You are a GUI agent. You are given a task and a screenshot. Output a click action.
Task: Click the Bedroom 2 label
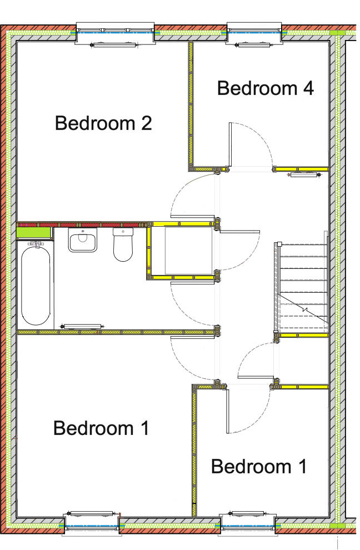coord(103,123)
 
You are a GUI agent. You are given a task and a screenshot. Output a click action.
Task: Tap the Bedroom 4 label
coord(265,88)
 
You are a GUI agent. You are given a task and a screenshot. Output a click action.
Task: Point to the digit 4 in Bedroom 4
coord(308,88)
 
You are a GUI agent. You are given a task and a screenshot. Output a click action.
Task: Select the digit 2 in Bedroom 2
coord(146,123)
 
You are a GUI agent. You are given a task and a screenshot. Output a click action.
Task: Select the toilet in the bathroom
coord(123,245)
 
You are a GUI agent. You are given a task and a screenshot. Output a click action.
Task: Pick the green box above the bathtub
coord(34,232)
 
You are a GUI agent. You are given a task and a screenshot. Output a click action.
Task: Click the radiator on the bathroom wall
coord(82,326)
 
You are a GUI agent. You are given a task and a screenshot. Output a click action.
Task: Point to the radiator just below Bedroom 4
coord(303,175)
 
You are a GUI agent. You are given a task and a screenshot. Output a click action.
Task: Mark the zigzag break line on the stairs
coord(304,309)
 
